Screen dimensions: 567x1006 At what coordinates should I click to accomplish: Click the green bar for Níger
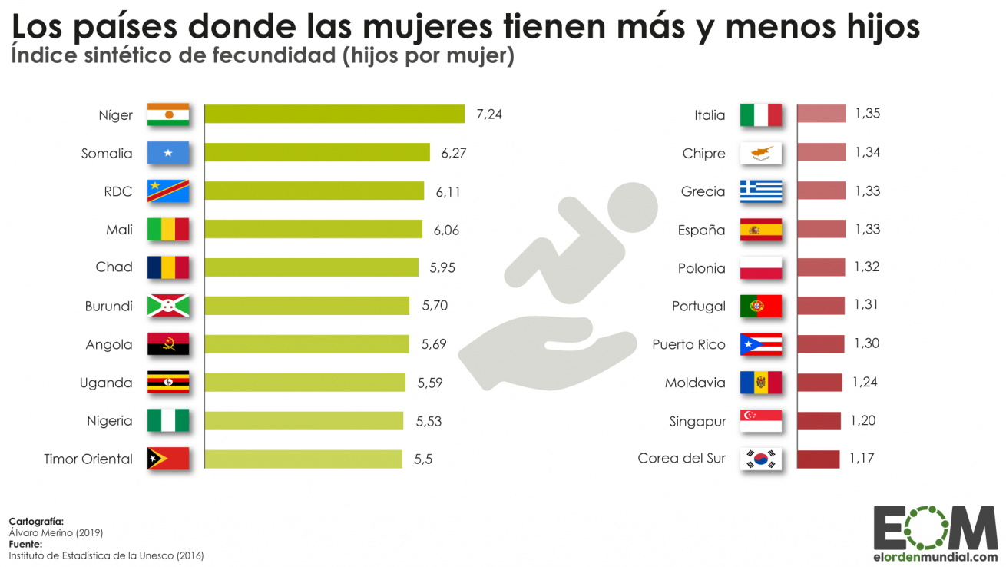point(334,114)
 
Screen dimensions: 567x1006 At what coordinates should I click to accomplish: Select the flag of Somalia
point(168,153)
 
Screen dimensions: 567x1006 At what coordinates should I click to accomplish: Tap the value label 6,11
point(448,191)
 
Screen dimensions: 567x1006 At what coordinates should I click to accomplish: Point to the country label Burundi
point(108,306)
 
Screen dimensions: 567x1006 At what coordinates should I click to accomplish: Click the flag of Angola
point(168,344)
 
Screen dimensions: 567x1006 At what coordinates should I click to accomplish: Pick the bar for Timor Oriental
point(303,459)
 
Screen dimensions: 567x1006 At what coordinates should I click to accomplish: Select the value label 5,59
point(429,383)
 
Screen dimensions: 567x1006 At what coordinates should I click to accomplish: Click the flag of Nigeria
point(168,421)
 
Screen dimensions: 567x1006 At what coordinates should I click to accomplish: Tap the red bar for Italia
point(821,114)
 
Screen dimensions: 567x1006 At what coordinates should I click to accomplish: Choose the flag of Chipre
point(760,153)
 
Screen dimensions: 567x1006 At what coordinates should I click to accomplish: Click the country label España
point(701,230)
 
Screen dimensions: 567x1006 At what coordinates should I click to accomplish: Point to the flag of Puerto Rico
point(760,344)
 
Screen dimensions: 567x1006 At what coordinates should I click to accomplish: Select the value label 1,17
point(862,459)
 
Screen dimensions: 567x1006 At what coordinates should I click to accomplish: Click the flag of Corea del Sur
point(760,459)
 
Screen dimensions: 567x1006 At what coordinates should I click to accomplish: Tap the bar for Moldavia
point(819,383)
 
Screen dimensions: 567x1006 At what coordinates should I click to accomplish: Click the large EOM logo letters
point(935,529)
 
